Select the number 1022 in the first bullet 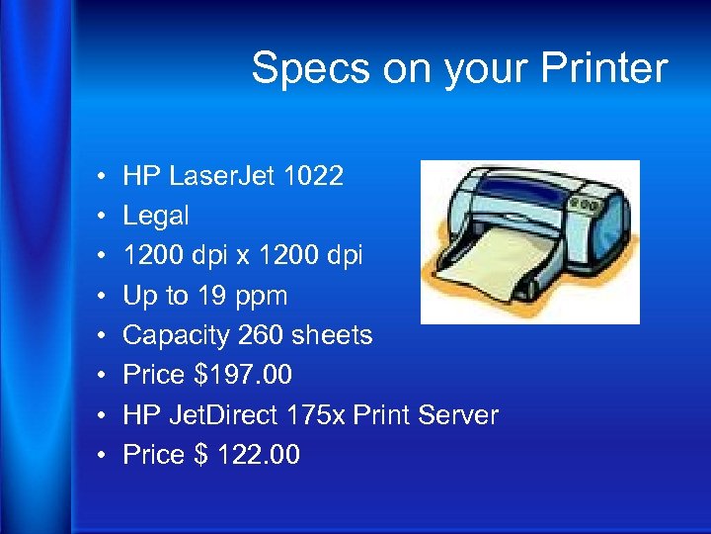313,177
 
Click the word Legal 155,217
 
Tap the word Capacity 177,335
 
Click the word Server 455,414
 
